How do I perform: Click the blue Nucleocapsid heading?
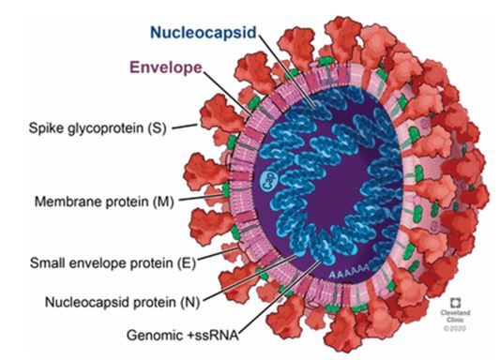(x=204, y=33)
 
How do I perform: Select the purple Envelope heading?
(x=166, y=67)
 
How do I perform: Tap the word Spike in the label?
(x=45, y=128)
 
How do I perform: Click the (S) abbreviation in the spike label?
(x=157, y=128)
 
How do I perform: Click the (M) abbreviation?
(x=163, y=202)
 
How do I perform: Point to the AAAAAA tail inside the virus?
(x=349, y=274)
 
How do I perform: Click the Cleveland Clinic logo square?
(x=455, y=303)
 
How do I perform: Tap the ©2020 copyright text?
(x=455, y=328)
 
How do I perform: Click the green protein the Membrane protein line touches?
(x=226, y=190)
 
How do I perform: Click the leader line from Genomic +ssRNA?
(x=279, y=297)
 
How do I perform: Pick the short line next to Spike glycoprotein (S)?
(x=185, y=127)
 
